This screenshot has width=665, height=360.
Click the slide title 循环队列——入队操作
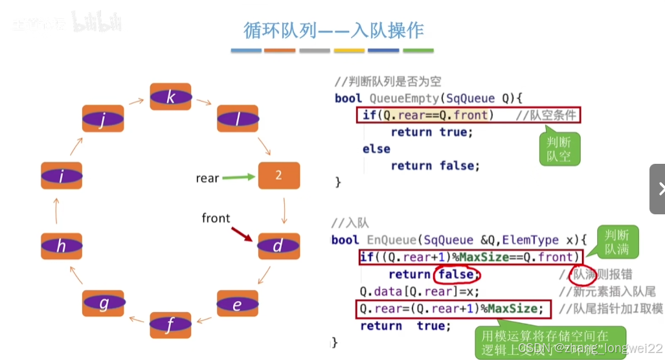click(x=333, y=30)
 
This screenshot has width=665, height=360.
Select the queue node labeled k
click(x=170, y=97)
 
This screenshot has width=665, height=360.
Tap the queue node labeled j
click(x=102, y=120)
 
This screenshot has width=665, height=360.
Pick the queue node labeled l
click(x=237, y=120)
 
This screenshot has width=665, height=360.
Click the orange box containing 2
click(x=278, y=175)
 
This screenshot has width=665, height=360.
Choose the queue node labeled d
click(x=278, y=246)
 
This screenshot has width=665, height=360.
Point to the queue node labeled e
click(x=237, y=304)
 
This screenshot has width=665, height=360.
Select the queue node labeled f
click(x=170, y=325)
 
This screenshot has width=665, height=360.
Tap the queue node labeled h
click(x=62, y=246)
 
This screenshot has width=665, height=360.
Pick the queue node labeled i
click(x=62, y=175)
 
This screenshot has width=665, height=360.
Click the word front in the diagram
click(x=216, y=218)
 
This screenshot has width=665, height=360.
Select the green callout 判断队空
click(x=559, y=149)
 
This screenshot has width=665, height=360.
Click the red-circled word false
click(x=457, y=274)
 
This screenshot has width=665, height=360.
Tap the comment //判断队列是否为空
click(x=387, y=82)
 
